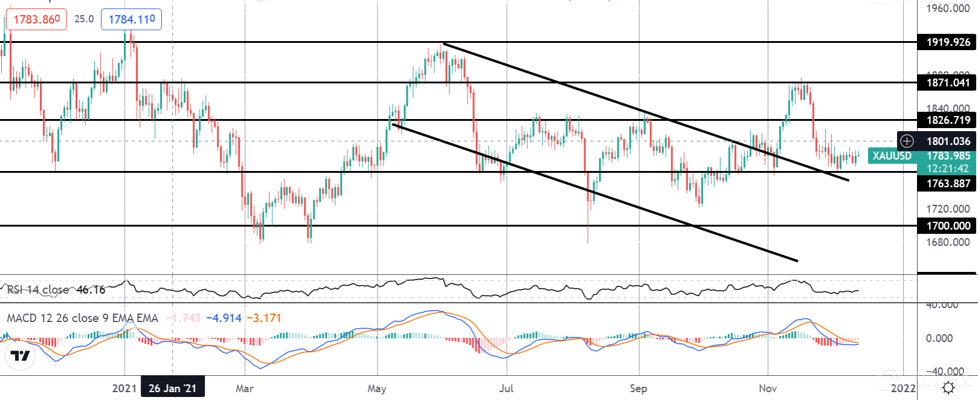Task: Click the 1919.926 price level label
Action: (x=948, y=42)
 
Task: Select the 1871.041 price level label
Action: (x=948, y=83)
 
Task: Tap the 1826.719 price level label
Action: (x=948, y=120)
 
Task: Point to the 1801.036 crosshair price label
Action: (x=948, y=141)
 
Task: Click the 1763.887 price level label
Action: (x=948, y=184)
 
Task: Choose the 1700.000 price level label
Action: (x=948, y=226)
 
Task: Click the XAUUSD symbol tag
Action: (x=892, y=156)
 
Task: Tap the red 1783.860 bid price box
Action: (x=37, y=19)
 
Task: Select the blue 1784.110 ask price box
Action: (x=132, y=19)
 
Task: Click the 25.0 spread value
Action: (x=84, y=19)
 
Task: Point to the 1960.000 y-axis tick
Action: (x=948, y=8)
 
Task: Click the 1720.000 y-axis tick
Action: (x=948, y=209)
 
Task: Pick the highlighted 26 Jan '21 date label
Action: (x=172, y=388)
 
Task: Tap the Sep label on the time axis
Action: (x=638, y=388)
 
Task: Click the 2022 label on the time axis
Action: (x=903, y=388)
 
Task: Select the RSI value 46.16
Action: (x=91, y=290)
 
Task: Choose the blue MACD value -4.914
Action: (x=224, y=318)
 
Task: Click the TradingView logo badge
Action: (x=21, y=356)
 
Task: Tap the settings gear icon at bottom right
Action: (x=948, y=388)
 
